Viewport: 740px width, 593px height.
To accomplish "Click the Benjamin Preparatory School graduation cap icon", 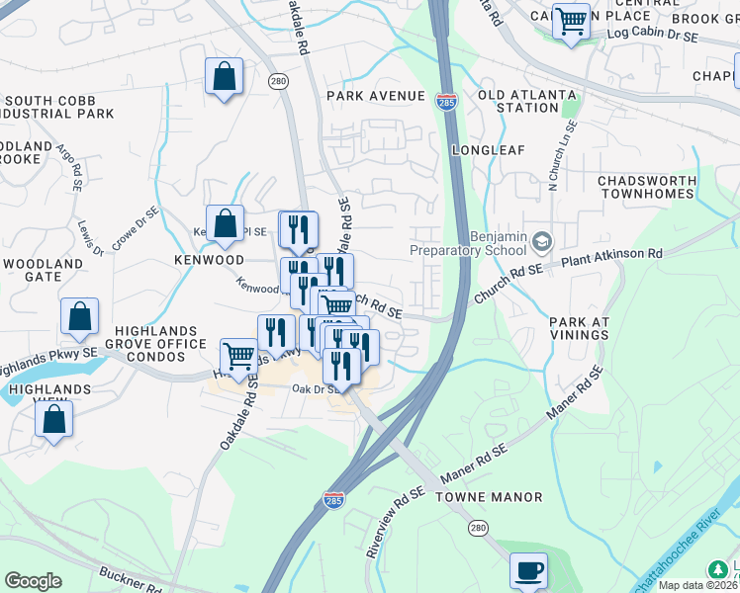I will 541,241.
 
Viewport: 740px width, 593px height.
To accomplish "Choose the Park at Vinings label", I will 579,328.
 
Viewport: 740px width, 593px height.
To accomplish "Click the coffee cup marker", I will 528,570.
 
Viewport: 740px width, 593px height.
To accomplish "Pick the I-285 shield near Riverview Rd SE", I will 334,501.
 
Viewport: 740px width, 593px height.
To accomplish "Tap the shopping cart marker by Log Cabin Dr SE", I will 571,21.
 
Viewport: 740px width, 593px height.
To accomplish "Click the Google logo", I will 33,581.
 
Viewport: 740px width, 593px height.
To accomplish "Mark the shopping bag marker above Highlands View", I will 53,418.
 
